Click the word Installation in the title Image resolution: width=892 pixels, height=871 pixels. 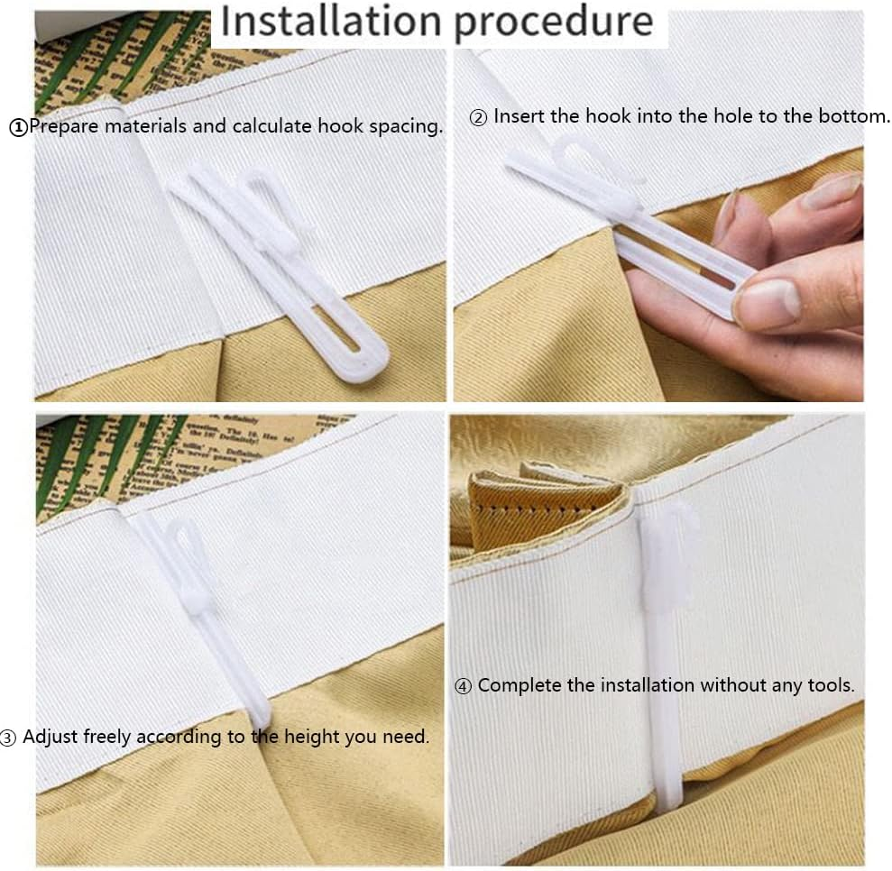[x=331, y=22]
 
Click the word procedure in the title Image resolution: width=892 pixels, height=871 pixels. [x=554, y=23]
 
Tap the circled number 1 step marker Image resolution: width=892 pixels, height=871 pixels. [x=18, y=127]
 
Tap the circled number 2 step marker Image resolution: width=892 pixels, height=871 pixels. [x=478, y=118]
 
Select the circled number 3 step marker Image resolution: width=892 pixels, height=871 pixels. [x=8, y=738]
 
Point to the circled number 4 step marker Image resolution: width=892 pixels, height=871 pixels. [x=463, y=686]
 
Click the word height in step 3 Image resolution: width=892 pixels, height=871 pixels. [x=312, y=736]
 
